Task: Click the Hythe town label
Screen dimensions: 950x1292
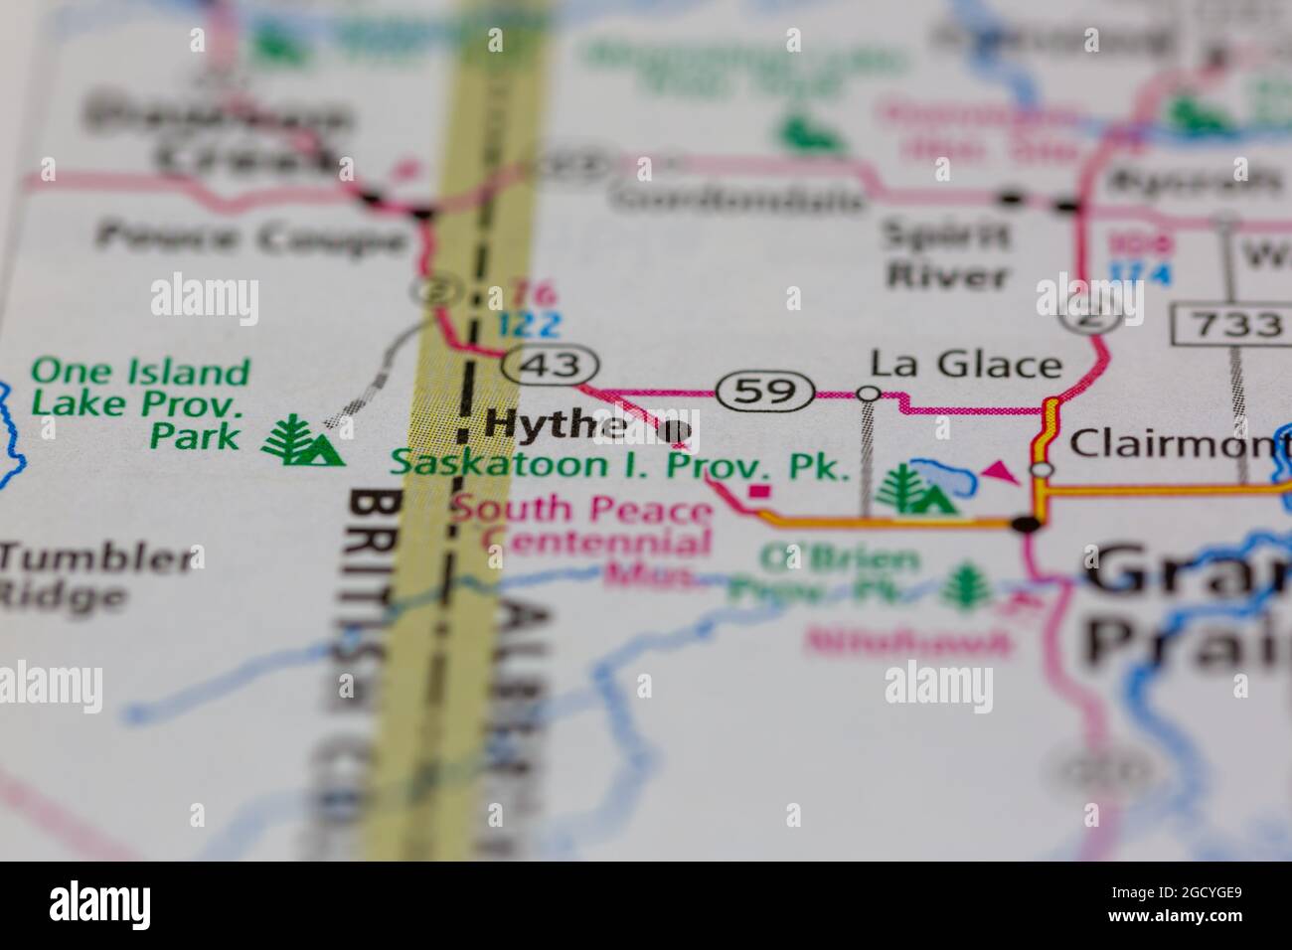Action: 555,425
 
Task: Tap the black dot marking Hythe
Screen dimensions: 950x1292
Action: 676,431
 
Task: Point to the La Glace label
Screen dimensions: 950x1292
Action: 966,365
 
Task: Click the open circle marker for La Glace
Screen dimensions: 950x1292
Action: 869,395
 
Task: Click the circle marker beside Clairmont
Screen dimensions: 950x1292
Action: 1041,468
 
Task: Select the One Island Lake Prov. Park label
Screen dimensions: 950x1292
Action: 140,403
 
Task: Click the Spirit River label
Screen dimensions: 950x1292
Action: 946,254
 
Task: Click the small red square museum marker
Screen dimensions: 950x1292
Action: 760,491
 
